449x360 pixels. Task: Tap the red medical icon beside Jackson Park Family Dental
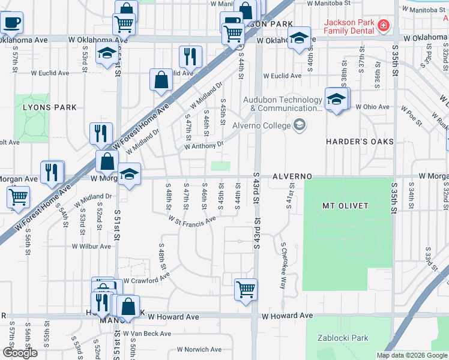click(x=383, y=26)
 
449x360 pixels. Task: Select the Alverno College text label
click(x=261, y=125)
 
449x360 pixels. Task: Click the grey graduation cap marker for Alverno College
click(x=299, y=125)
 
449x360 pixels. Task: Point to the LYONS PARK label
click(x=50, y=107)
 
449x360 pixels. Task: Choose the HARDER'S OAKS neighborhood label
click(x=360, y=142)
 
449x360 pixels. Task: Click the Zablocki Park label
click(x=343, y=338)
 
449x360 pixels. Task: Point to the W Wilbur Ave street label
click(x=91, y=246)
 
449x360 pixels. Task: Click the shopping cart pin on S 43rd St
click(x=246, y=289)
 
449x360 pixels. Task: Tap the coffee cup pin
click(x=12, y=23)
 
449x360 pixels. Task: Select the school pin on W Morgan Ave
click(x=129, y=175)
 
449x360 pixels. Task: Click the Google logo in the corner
click(x=20, y=353)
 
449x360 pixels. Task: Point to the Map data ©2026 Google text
click(x=411, y=355)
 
